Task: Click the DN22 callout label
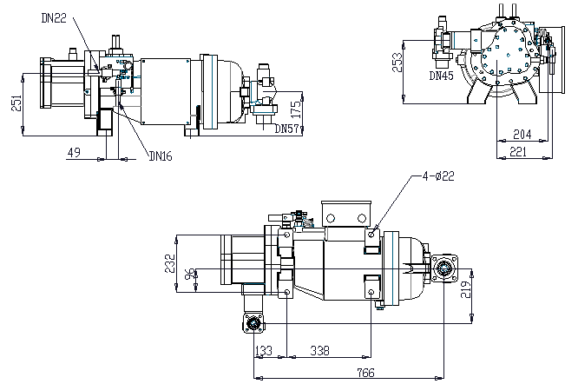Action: [54, 18]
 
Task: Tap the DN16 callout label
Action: [161, 156]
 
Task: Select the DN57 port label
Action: [286, 129]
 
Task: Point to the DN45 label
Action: [441, 76]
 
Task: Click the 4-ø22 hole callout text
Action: [438, 176]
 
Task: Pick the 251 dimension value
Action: [16, 103]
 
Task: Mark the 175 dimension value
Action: [296, 109]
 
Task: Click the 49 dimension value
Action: [74, 152]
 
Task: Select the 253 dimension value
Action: [397, 63]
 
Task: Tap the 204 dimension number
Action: [522, 135]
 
